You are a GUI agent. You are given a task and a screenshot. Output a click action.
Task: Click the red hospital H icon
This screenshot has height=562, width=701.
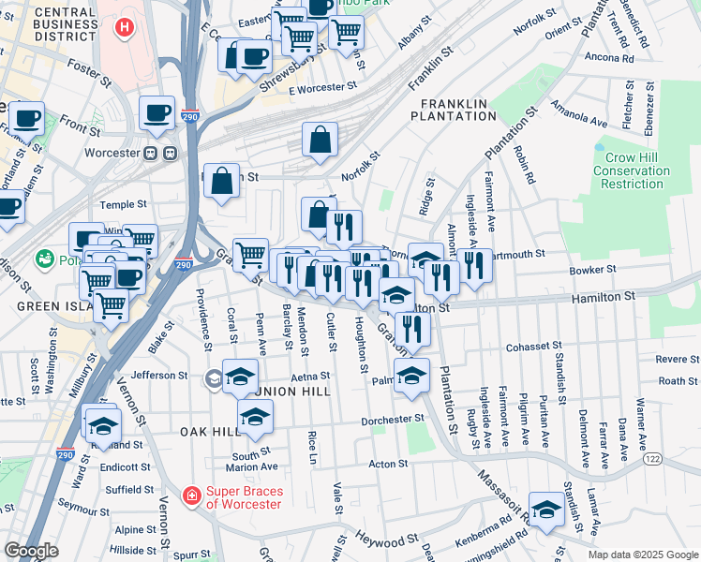pyautogui.click(x=123, y=27)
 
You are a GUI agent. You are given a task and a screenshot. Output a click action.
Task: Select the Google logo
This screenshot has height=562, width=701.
pyautogui.click(x=31, y=551)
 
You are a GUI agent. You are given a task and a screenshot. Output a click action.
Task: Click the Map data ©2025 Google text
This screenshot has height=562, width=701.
pyautogui.click(x=642, y=555)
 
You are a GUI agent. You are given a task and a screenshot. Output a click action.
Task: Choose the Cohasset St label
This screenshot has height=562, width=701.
pyautogui.click(x=533, y=348)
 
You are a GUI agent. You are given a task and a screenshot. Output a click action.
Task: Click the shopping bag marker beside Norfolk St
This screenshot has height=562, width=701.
pyautogui.click(x=321, y=140)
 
